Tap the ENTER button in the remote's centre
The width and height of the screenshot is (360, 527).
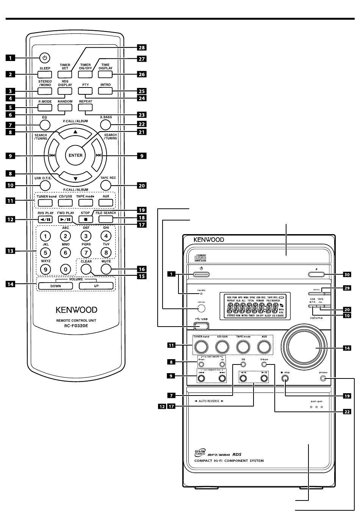(75, 155)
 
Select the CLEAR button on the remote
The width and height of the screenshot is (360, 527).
(86, 269)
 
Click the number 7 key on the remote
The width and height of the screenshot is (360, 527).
(86, 252)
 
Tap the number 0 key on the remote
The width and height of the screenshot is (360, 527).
(66, 269)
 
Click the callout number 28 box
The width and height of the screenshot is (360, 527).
(141, 47)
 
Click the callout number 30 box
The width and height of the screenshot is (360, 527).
(346, 274)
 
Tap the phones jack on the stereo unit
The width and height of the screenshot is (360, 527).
(322, 379)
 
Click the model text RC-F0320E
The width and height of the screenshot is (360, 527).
(75, 326)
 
